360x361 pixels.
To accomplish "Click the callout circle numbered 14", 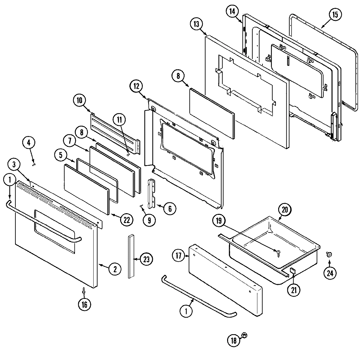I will click(232, 11).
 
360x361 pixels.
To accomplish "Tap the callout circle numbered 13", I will click(196, 24).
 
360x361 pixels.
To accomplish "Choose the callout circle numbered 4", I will click(28, 143).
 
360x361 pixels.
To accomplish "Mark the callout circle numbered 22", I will click(127, 220).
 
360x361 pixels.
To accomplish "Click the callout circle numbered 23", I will click(146, 259).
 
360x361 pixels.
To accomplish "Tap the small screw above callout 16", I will click(84, 290).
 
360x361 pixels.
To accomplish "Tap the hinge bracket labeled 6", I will click(152, 193).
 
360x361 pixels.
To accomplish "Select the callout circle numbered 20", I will click(284, 210).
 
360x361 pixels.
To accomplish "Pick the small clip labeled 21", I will click(292, 270).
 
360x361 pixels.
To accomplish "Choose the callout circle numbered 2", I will click(115, 269).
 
